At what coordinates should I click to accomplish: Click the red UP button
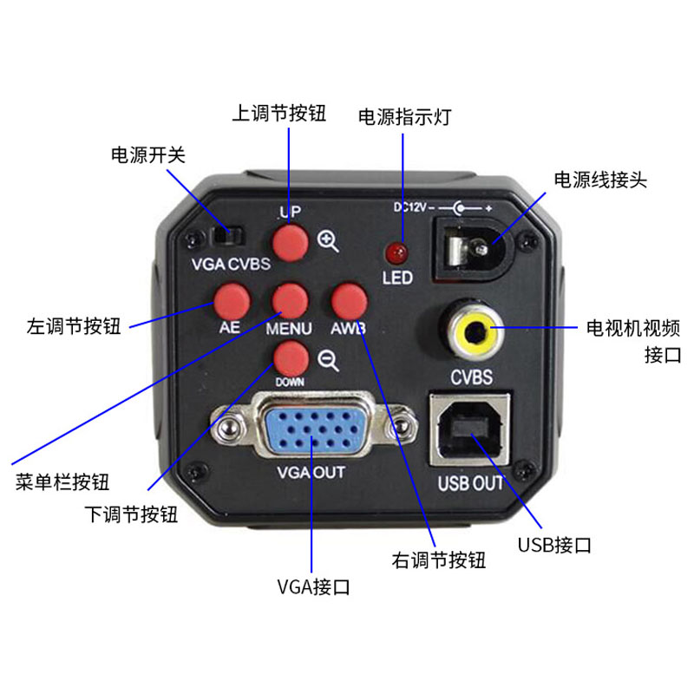pyautogui.click(x=291, y=243)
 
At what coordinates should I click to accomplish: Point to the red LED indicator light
pyautogui.click(x=397, y=253)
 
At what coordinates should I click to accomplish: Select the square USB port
pyautogui.click(x=469, y=430)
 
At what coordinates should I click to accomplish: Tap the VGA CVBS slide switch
pyautogui.click(x=227, y=236)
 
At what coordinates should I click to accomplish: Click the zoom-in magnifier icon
pyautogui.click(x=328, y=242)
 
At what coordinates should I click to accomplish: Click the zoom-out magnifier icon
pyautogui.click(x=329, y=361)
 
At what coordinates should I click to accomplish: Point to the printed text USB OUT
pyautogui.click(x=470, y=483)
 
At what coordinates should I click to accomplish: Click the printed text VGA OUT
pyautogui.click(x=311, y=472)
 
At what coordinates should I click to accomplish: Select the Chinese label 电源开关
pyautogui.click(x=147, y=155)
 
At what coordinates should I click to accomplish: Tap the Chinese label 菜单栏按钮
pyautogui.click(x=62, y=482)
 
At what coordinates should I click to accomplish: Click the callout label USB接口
pyautogui.click(x=554, y=545)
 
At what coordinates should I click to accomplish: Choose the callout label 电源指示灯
pyautogui.click(x=404, y=117)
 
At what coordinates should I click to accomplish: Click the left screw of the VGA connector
pyautogui.click(x=228, y=427)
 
